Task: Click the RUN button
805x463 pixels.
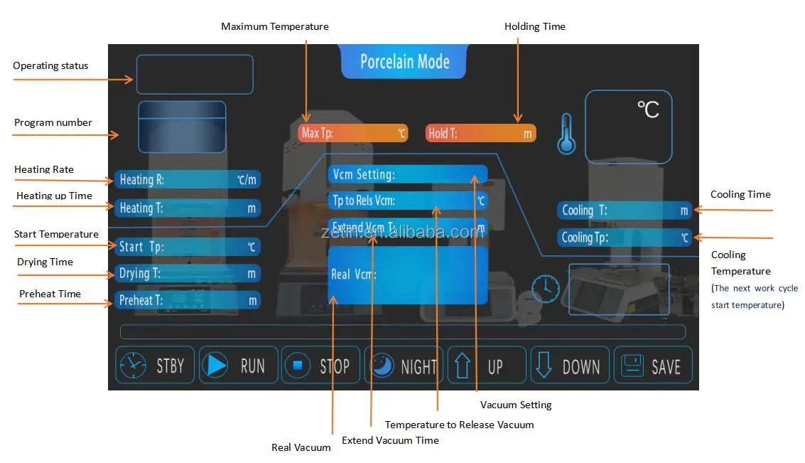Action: (x=239, y=366)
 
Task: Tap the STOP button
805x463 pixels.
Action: (x=321, y=366)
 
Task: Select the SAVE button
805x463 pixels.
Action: (x=653, y=366)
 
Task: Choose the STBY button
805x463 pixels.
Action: (x=155, y=366)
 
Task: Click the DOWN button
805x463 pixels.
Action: (x=570, y=366)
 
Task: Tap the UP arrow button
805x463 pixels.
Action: (x=487, y=366)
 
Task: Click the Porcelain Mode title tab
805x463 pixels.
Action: (x=404, y=62)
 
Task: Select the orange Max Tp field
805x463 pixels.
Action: (x=352, y=133)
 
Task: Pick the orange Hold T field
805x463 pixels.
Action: (x=480, y=134)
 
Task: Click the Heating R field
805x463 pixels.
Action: (x=188, y=179)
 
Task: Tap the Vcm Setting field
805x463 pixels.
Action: (x=408, y=174)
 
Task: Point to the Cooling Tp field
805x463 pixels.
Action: (x=625, y=238)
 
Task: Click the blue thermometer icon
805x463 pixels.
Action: (x=566, y=134)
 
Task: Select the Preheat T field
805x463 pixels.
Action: (x=188, y=300)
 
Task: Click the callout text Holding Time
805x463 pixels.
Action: (x=534, y=26)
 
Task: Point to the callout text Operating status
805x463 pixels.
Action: (x=50, y=65)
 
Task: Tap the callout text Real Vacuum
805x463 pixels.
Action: (x=301, y=447)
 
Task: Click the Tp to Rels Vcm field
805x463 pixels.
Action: (x=408, y=201)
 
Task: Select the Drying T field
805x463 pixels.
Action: (x=188, y=273)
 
